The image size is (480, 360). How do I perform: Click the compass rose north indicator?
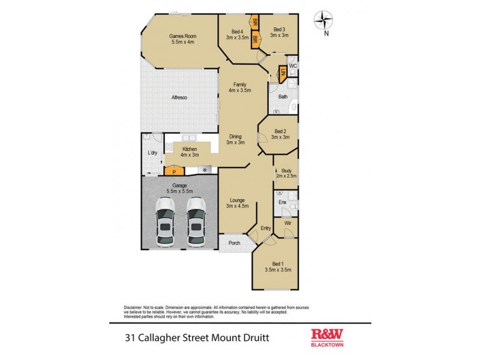pos(325,22)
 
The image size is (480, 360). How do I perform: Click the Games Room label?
pos(184,39)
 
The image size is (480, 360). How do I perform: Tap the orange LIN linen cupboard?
pos(283,74)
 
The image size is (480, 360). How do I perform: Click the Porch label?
pos(233,242)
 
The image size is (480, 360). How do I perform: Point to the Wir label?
pos(288,223)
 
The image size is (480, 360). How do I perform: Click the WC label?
pos(293,65)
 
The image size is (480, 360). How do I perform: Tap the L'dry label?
pos(152,153)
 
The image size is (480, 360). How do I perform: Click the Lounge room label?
pos(237,202)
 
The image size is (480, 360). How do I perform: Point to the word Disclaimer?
pos(136,305)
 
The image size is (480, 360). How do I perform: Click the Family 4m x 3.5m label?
pos(239,88)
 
